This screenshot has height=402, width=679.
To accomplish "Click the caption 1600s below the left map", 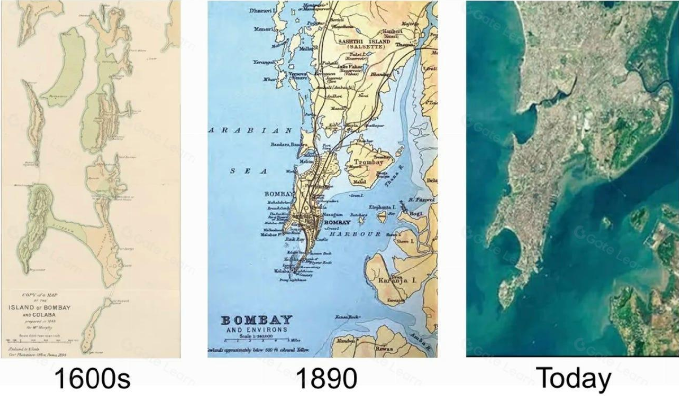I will [92, 379].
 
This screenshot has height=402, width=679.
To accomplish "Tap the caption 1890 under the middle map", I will [326, 379].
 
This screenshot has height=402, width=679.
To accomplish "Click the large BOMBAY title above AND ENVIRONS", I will [256, 320].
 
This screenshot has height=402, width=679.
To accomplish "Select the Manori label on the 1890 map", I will [262, 29].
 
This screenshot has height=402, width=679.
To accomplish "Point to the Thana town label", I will [404, 45].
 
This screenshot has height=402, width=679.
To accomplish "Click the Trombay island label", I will [367, 162].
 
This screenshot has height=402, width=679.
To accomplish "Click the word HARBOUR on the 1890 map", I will [355, 234].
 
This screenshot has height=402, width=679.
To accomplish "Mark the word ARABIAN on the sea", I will [250, 130].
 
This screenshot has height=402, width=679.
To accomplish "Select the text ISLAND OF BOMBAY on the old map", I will [40, 307].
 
